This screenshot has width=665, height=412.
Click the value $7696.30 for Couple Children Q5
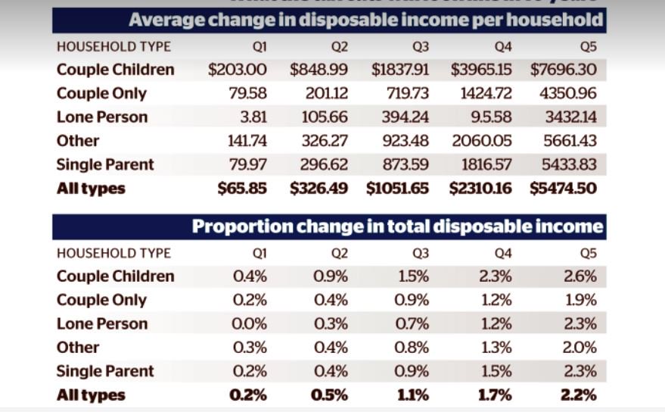click(x=564, y=70)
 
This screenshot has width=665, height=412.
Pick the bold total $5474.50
click(x=564, y=189)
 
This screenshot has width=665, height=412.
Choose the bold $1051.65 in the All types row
click(x=398, y=189)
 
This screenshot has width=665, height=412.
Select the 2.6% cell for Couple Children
click(x=580, y=276)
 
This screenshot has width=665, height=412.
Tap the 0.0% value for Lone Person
click(x=250, y=324)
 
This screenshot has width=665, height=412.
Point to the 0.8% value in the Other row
click(x=413, y=348)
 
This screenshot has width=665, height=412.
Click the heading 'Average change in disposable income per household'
click(x=366, y=19)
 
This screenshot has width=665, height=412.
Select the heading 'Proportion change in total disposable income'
click(x=397, y=226)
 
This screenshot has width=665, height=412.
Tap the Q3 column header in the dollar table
click(x=421, y=47)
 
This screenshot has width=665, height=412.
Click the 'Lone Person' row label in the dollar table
click(x=102, y=117)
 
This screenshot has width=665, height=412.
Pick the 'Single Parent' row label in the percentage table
click(x=105, y=371)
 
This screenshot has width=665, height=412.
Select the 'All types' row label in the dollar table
click(x=91, y=189)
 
